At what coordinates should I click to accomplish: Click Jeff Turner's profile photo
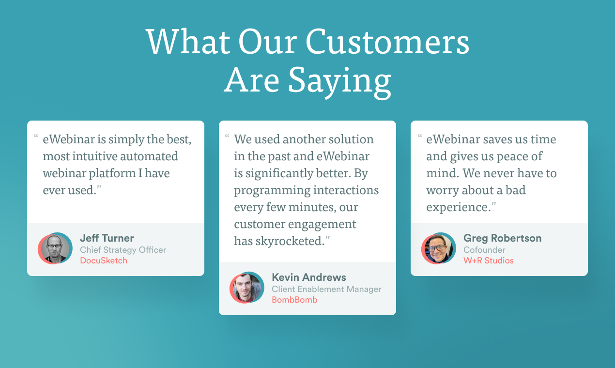coord(55,249)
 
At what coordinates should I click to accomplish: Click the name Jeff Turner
coord(107,238)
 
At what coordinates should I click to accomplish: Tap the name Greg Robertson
coord(502,238)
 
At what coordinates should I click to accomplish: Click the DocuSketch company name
coord(104,261)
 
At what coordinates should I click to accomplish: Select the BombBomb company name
coord(294,300)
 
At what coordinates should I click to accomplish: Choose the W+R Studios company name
coord(488,261)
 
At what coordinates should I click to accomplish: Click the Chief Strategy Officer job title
coord(123,250)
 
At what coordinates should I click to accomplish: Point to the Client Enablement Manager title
coord(326,289)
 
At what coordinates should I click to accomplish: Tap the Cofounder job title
coord(484,250)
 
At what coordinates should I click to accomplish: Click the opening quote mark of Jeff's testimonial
coord(36,137)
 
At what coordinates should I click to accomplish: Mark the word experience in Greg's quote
coord(457,207)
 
